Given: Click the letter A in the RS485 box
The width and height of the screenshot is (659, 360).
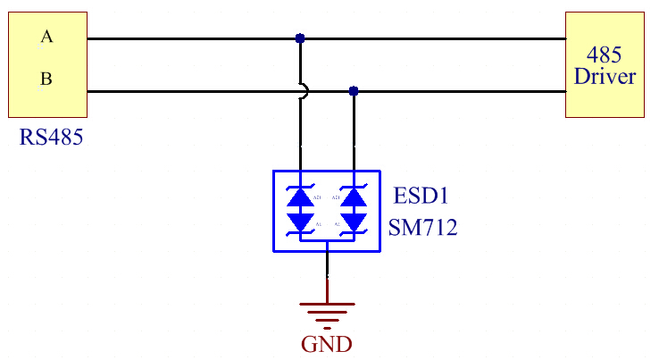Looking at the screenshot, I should point(46,37).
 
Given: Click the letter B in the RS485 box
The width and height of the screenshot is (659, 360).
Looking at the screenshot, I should point(46,80).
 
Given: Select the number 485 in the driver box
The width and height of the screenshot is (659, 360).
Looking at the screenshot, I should point(605,54).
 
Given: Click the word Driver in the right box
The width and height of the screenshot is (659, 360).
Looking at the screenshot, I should point(605,76).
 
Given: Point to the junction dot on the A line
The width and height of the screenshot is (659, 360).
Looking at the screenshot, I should point(300,38).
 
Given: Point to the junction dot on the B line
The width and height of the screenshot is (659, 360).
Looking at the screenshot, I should point(354,91).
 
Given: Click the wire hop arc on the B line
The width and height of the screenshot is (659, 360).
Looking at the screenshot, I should point(303,91).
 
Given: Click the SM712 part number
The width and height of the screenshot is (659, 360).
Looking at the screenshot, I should point(423,228).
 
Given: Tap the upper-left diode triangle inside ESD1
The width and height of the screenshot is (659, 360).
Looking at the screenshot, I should point(300,197).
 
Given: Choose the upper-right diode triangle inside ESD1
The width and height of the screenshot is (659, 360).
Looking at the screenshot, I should point(354,197).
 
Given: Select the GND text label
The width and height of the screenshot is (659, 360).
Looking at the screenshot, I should point(327,344).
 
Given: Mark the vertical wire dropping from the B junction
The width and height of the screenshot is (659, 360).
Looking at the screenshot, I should point(354,134).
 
